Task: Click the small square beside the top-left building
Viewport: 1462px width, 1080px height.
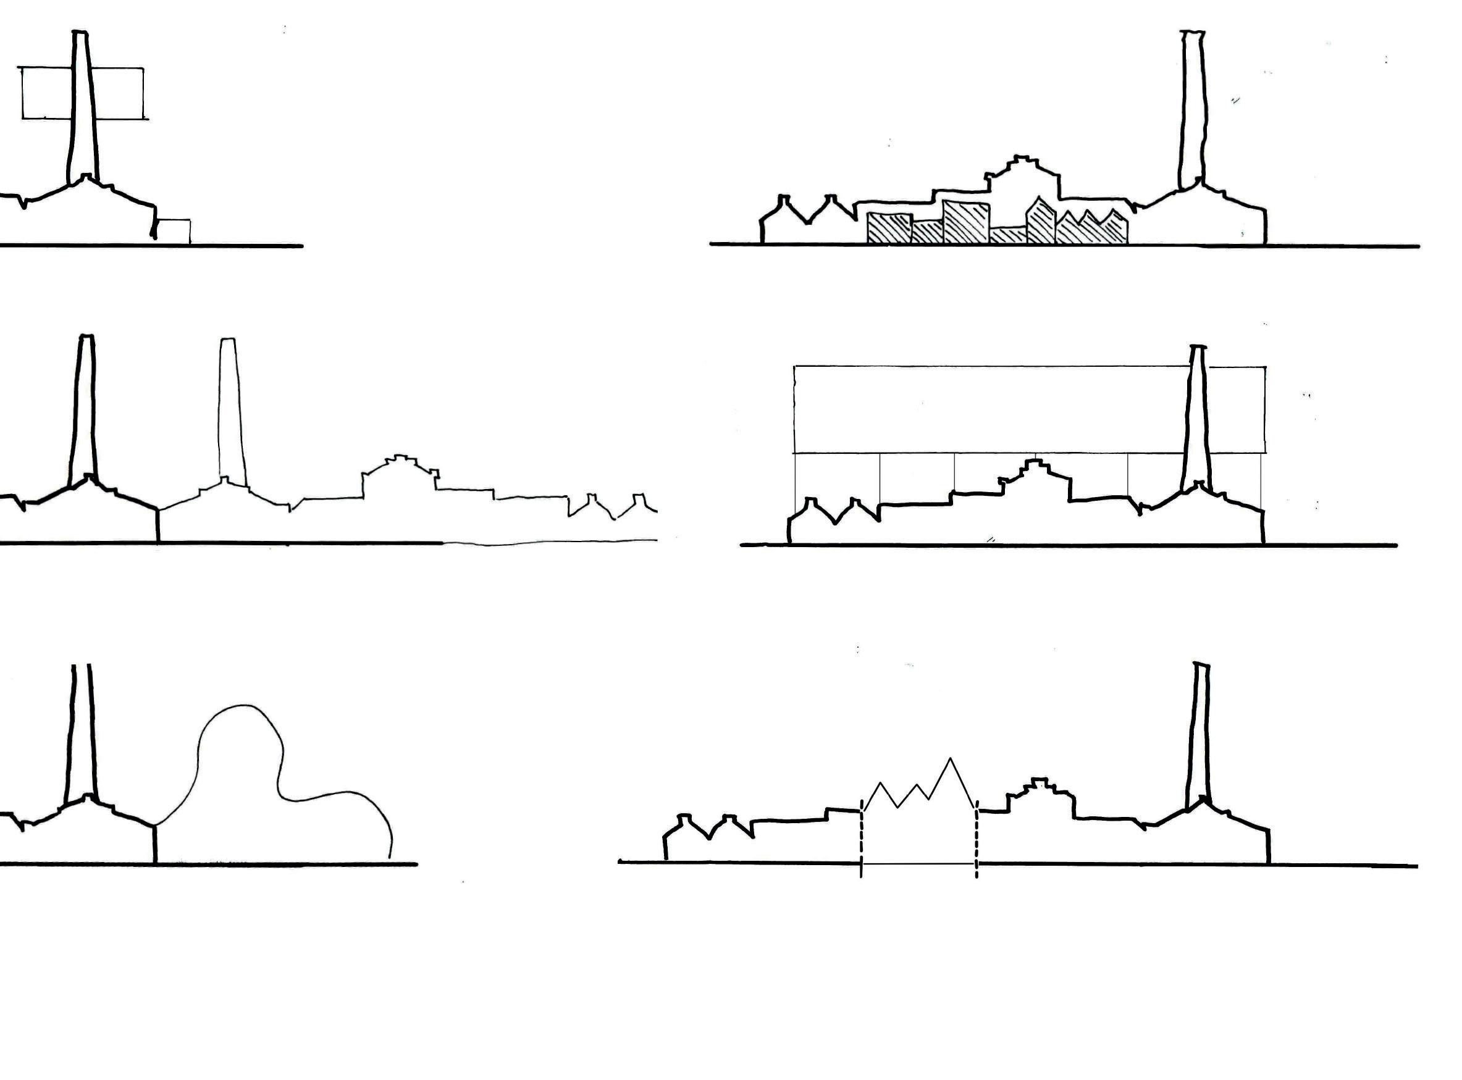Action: click(x=175, y=232)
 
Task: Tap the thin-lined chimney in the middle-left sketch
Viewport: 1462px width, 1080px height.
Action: click(x=228, y=412)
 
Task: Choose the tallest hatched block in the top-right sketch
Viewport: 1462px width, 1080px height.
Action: click(x=966, y=222)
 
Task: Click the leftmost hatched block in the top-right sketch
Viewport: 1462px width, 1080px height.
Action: click(x=889, y=229)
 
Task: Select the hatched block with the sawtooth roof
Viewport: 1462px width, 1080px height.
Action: click(x=1092, y=229)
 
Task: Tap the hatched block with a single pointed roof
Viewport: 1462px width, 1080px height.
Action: click(x=1041, y=224)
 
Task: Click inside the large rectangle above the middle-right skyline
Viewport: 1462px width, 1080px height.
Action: click(x=981, y=409)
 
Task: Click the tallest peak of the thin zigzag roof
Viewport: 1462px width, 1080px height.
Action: click(x=950, y=759)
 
